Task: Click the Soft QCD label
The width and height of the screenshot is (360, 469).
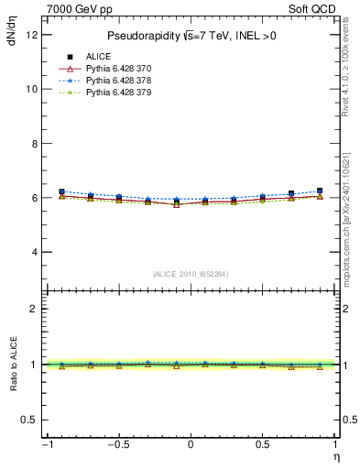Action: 311,7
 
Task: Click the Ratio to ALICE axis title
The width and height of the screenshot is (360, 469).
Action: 12,365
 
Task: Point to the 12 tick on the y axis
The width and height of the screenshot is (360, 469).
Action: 31,35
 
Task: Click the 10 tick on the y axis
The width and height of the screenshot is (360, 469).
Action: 31,89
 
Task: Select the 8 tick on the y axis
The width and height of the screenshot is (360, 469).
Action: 34,144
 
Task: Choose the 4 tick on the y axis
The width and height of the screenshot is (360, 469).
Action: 34,252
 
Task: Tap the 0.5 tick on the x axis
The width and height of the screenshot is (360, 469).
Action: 263,444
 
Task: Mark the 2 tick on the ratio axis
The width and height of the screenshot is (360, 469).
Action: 34,309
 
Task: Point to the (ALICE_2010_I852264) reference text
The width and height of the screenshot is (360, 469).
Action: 190,275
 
